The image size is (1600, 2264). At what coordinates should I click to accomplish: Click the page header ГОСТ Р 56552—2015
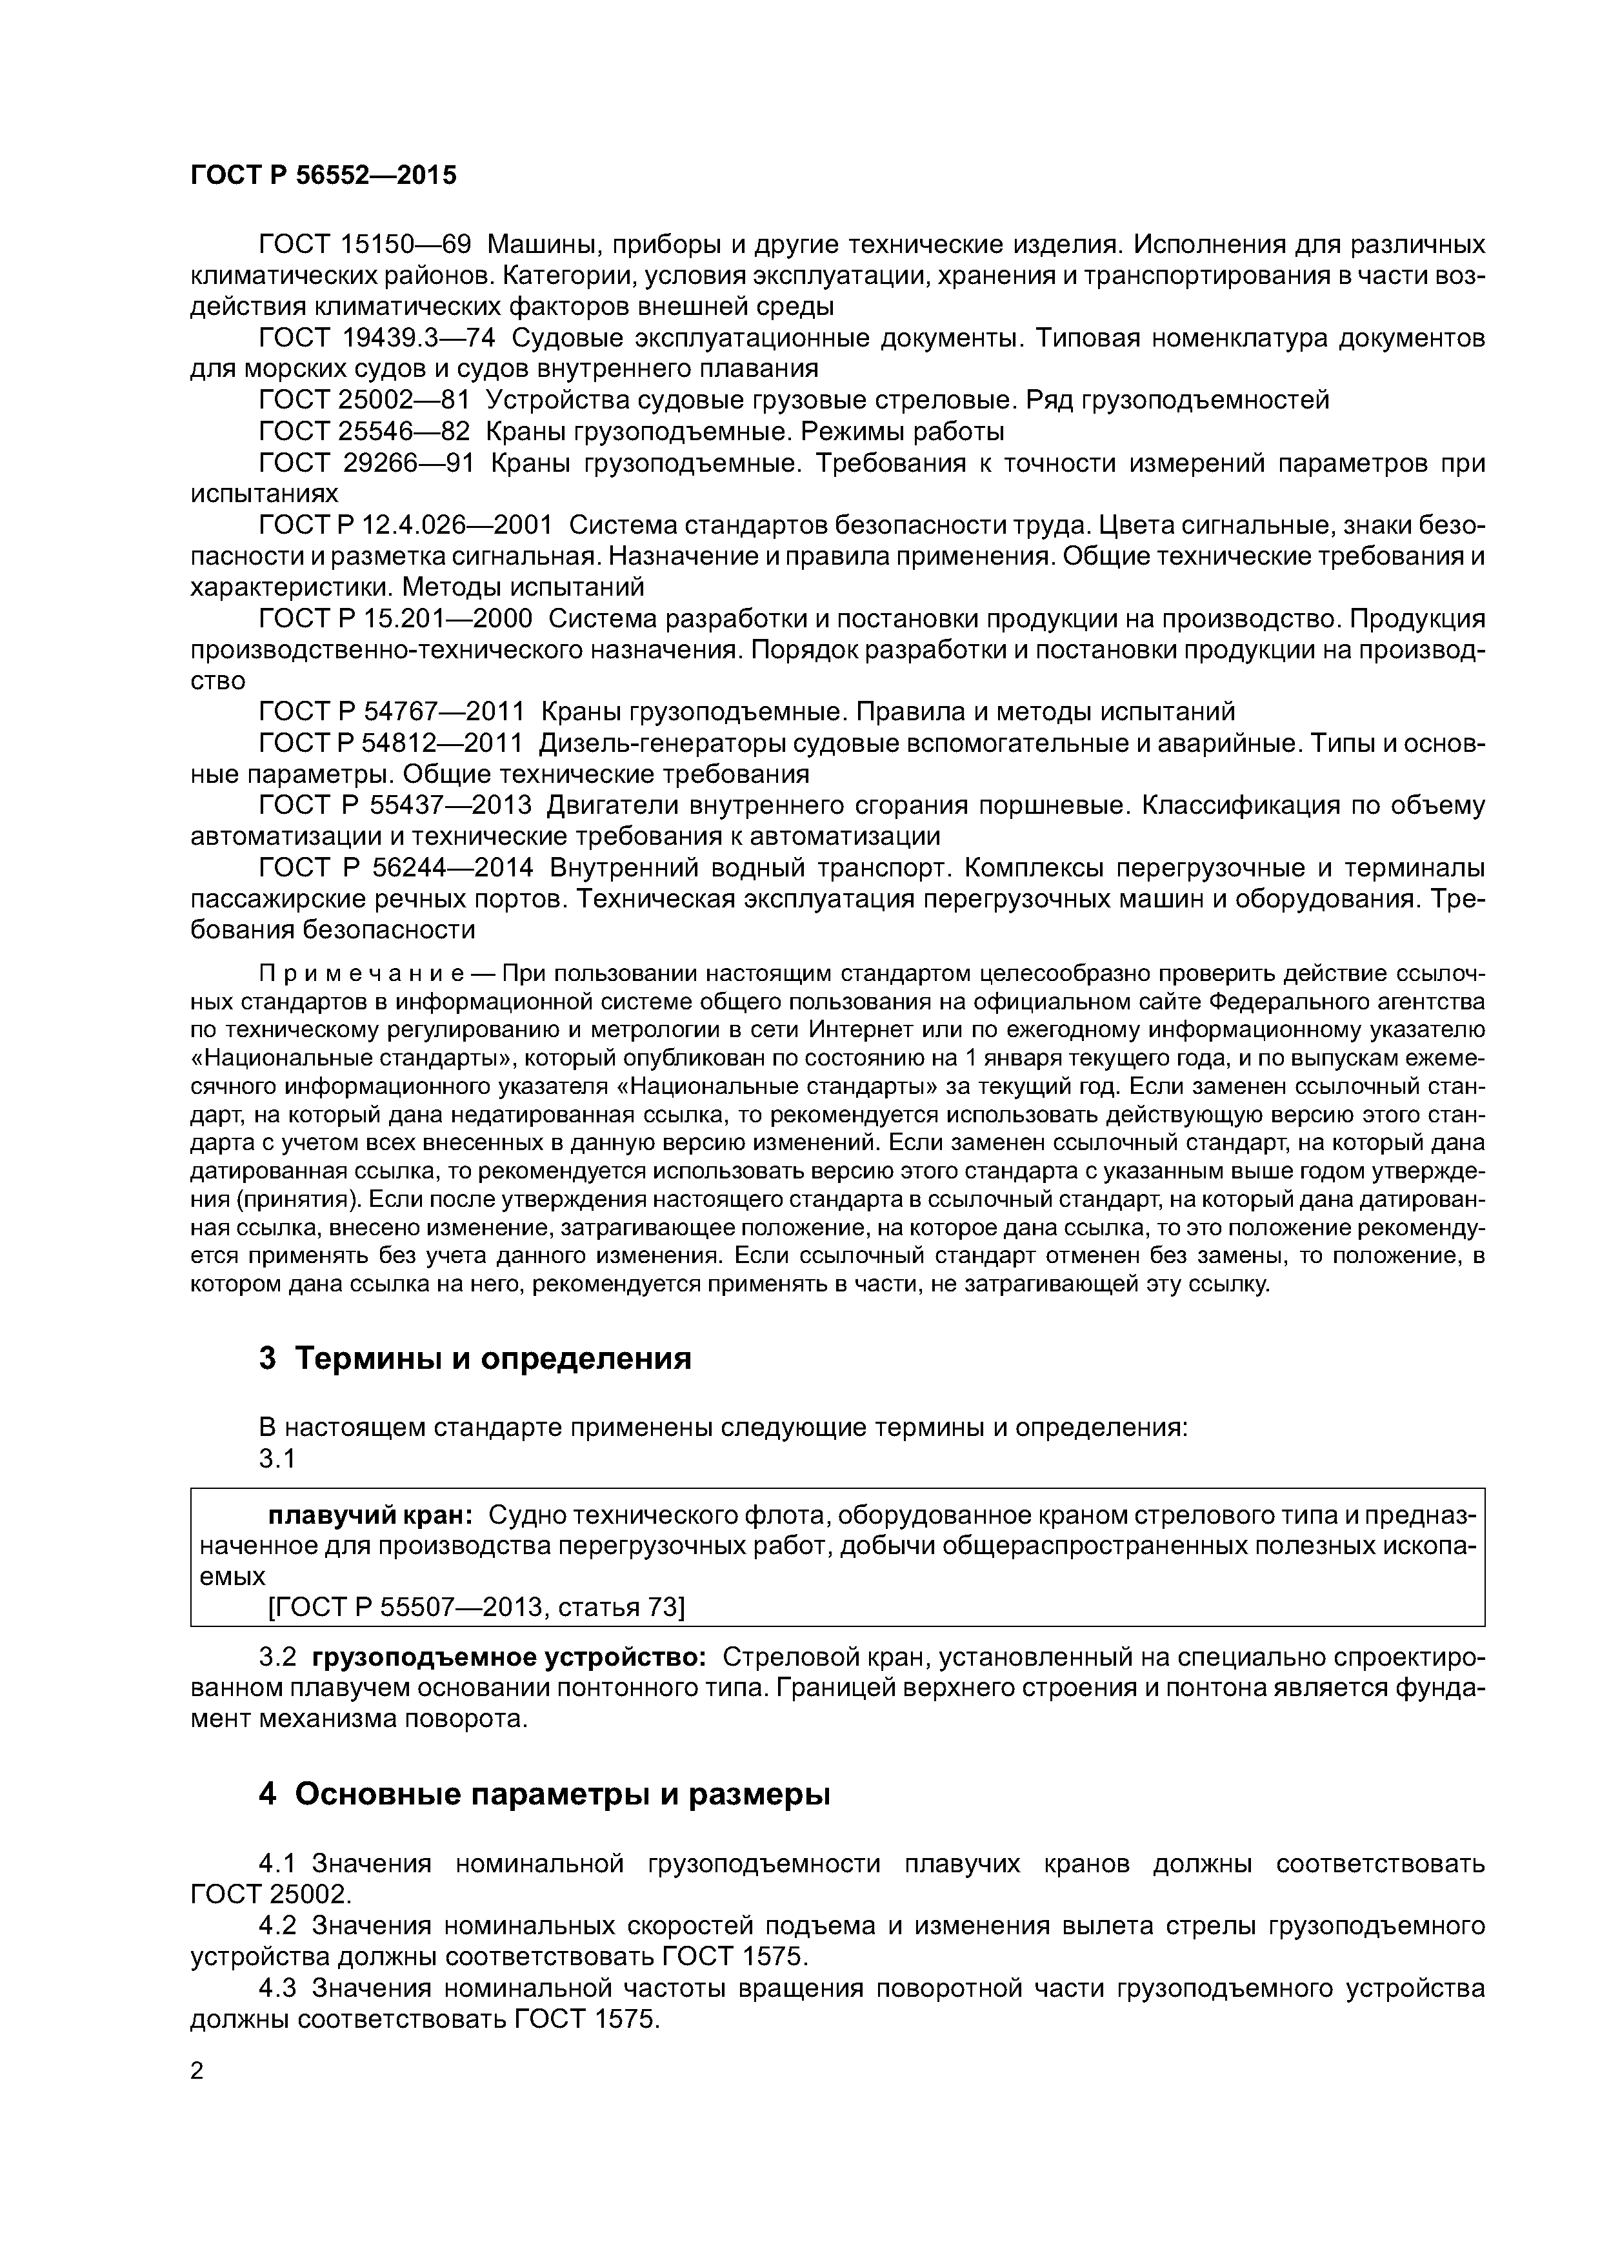(323, 176)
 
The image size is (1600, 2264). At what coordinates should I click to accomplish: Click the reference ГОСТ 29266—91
(366, 463)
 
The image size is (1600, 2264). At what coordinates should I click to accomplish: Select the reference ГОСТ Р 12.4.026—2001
(405, 525)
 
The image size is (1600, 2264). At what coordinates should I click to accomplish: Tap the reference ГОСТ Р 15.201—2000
(395, 620)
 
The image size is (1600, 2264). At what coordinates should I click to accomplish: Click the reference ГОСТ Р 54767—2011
(392, 712)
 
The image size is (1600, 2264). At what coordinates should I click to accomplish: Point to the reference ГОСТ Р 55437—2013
(395, 805)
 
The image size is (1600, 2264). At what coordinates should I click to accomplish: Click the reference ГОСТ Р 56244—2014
(395, 868)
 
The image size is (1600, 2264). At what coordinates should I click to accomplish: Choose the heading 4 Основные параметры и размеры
(544, 1795)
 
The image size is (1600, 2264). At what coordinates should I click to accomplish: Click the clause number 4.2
(279, 1926)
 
